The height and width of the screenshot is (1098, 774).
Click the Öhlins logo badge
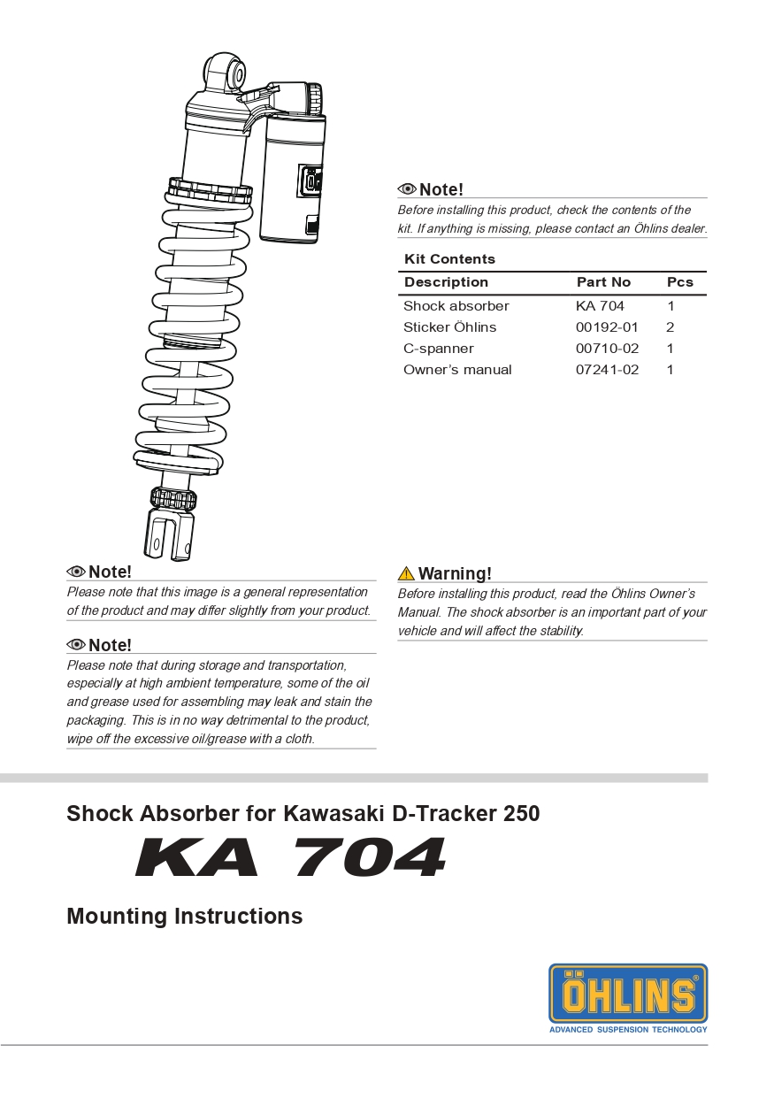coord(628,993)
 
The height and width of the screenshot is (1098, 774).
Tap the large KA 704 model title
coord(291,857)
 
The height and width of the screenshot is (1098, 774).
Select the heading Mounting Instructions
coord(184,916)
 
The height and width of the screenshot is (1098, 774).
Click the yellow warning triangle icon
coord(406,573)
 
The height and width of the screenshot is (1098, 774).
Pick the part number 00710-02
coord(607,349)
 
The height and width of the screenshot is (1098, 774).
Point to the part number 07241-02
coord(607,370)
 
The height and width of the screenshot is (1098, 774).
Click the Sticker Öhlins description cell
coord(449,327)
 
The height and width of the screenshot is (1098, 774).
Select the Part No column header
coord(603,282)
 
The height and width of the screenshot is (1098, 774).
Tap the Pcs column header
coord(679,282)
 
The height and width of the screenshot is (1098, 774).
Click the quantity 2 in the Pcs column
coord(671,327)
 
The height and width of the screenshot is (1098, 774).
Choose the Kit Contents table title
coord(449,259)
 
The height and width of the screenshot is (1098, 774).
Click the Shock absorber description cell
coord(456,306)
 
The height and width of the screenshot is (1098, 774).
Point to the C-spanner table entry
coord(438,349)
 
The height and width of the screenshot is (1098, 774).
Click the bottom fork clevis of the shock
coord(169,534)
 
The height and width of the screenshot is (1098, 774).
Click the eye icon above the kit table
coord(407,189)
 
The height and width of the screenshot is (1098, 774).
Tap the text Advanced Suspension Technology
coord(628,1029)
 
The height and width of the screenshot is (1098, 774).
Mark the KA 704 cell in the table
coord(600,306)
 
